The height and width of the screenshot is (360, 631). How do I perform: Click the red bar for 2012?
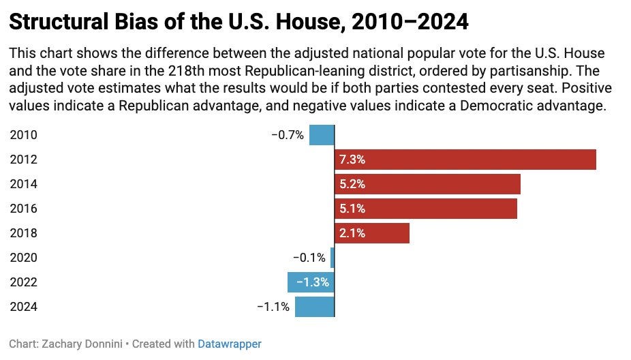tap(477, 160)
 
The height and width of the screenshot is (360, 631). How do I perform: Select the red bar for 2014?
tap(443, 184)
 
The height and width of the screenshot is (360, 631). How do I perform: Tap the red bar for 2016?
tap(443, 209)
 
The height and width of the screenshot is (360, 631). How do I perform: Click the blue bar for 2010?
tap(322, 135)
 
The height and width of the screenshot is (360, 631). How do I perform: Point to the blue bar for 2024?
tap(314, 307)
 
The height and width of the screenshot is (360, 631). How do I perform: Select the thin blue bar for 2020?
tap(333, 258)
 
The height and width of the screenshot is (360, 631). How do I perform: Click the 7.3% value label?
tap(352, 160)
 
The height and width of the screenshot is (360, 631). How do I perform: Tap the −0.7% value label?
tap(288, 135)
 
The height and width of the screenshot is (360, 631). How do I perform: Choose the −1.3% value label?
tap(312, 282)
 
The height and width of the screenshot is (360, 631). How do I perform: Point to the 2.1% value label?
tap(352, 233)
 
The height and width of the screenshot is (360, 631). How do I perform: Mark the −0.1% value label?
tap(309, 258)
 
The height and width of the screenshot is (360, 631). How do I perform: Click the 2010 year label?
tap(24, 135)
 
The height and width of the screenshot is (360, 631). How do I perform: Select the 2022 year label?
tap(24, 282)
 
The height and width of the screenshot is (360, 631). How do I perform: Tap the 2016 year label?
tap(24, 209)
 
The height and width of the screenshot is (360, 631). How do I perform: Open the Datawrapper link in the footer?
tap(230, 344)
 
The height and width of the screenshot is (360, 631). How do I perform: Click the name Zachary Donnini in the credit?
tap(84, 344)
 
